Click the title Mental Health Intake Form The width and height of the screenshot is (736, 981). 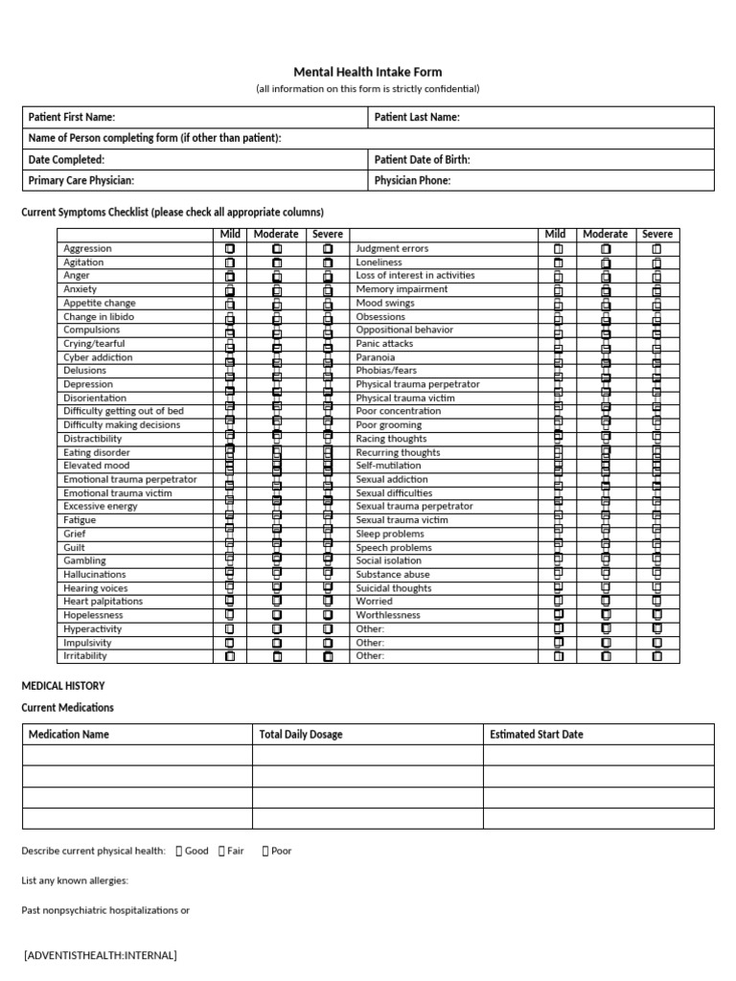point(367,72)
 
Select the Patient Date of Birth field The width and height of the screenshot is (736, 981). point(541,159)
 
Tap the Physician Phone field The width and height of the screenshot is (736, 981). point(541,180)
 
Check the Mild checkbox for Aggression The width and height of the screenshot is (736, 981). point(230,249)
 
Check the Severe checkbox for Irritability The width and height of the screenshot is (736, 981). point(328,657)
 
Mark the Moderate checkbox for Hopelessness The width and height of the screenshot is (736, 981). point(277,616)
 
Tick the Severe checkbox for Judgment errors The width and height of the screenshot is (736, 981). point(656,249)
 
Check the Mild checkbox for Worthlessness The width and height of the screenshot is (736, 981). point(559,615)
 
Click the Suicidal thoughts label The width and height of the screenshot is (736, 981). point(393,588)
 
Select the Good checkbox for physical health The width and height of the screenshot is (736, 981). point(179,851)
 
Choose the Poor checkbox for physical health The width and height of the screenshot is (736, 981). point(264,851)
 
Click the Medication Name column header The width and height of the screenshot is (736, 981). point(69,735)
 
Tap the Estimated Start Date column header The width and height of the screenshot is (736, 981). point(536,735)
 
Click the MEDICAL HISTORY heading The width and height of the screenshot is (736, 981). point(63,686)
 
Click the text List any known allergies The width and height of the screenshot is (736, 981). point(75,880)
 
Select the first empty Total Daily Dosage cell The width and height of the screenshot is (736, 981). point(367,756)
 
